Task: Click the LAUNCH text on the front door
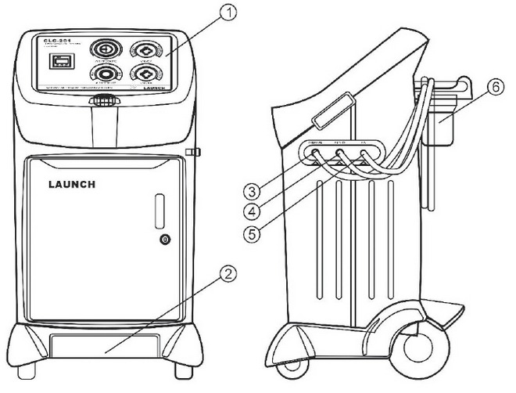click(x=66, y=185)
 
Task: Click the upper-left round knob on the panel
click(x=103, y=47)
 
